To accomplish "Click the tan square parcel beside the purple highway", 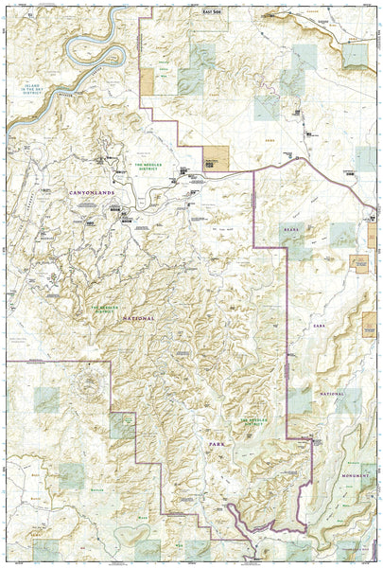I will [x=216, y=158].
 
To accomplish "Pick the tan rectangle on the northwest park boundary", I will [x=148, y=82].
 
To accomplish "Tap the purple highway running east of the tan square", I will [x=284, y=168].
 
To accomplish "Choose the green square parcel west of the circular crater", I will [x=44, y=400].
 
